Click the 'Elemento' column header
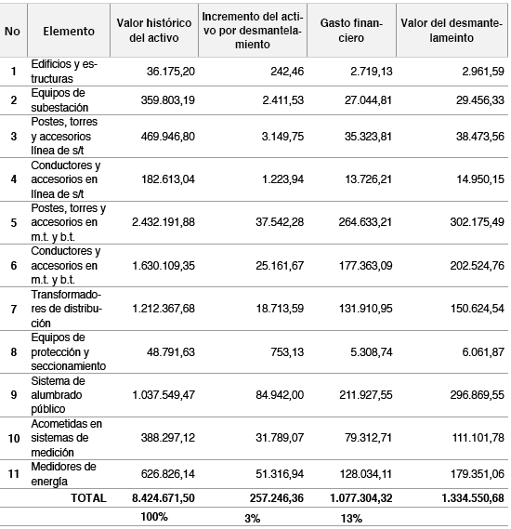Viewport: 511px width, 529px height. tap(69, 31)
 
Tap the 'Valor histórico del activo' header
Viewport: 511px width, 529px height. tap(153, 31)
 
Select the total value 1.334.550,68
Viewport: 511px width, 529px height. tap(462, 497)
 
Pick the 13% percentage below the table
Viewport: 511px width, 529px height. tap(350, 517)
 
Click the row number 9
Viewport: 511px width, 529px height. tap(12, 394)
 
